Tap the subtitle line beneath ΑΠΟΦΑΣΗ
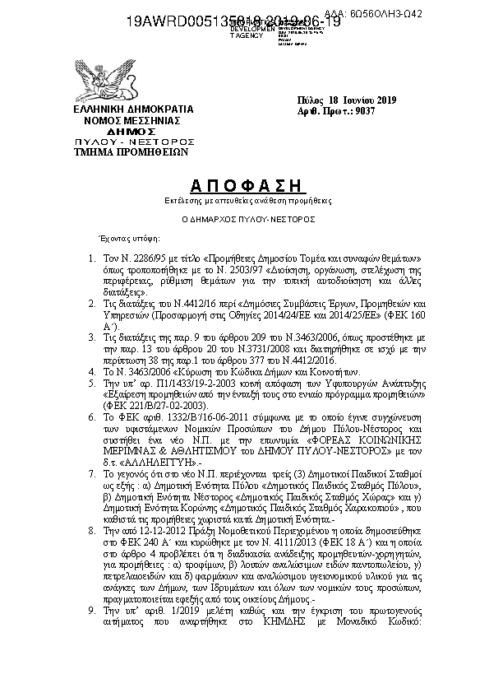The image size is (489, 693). tap(243, 200)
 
